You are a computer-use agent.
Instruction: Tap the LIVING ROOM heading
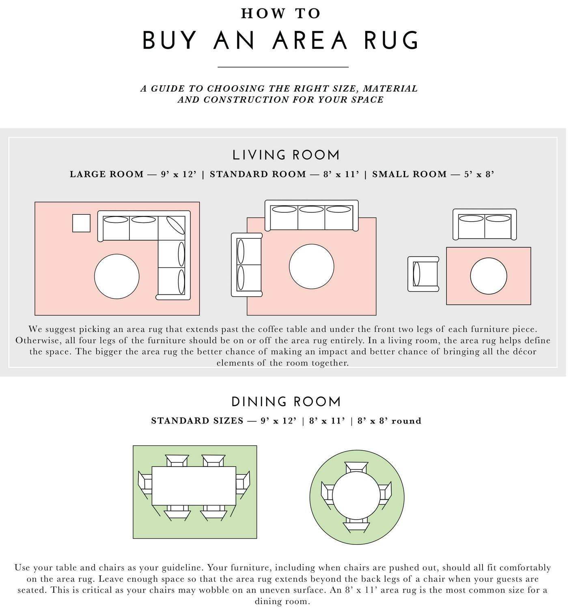click(x=286, y=155)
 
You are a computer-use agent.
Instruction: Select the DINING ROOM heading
click(x=286, y=402)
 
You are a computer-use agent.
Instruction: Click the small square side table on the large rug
click(x=81, y=223)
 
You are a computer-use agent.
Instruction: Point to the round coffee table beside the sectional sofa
click(x=117, y=276)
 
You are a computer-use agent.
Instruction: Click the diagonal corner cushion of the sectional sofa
click(x=176, y=225)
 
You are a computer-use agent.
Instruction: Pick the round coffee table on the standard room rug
click(x=312, y=266)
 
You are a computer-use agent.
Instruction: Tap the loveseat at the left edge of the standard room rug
click(x=247, y=265)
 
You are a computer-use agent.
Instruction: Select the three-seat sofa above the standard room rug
click(x=312, y=215)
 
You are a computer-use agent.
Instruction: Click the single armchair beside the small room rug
click(x=423, y=274)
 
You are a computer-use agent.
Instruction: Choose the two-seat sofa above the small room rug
click(x=485, y=225)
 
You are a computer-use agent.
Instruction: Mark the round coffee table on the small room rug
click(x=489, y=276)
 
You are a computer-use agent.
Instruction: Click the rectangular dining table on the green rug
click(x=194, y=486)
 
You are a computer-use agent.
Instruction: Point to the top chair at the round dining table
click(x=356, y=467)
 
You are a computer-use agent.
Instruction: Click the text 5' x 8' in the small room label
click(x=479, y=174)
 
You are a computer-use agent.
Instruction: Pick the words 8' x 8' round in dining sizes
click(x=390, y=421)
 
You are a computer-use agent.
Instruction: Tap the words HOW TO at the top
click(x=281, y=13)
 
